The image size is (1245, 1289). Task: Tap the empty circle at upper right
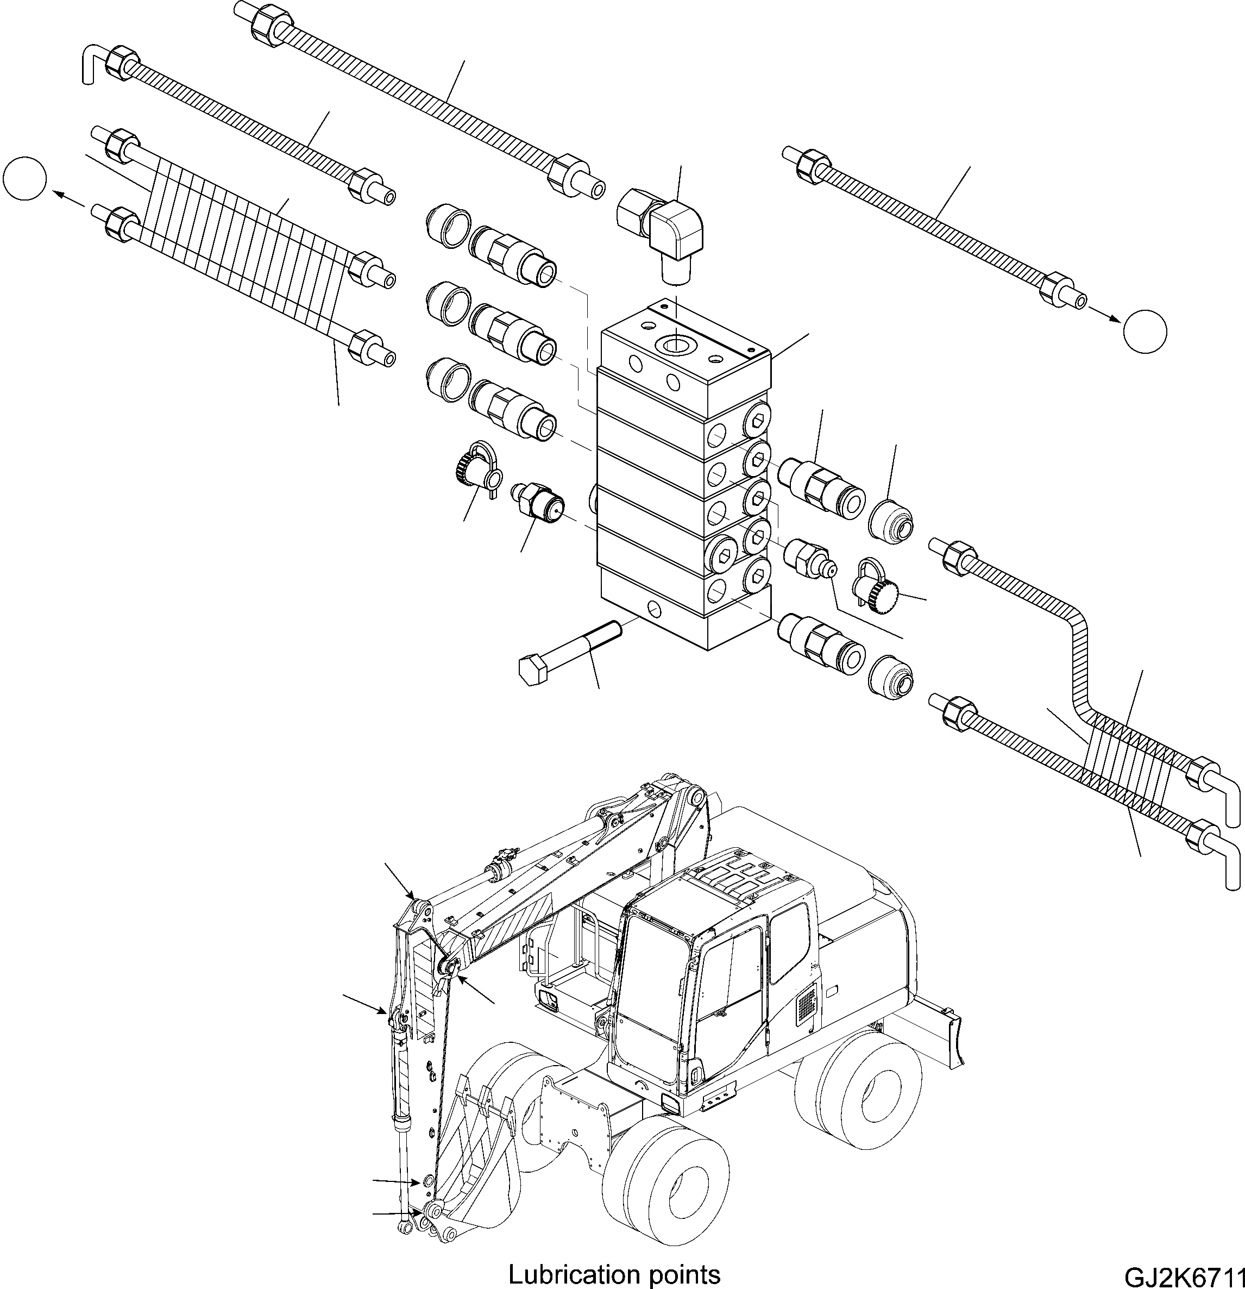click(x=1145, y=331)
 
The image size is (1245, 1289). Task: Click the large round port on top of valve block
click(x=676, y=343)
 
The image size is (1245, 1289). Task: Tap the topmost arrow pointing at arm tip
click(x=398, y=882)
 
